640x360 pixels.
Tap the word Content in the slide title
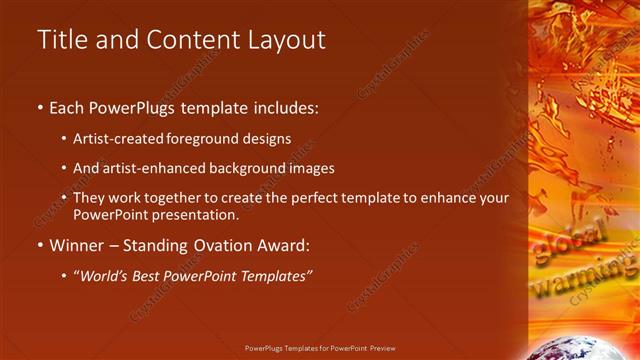click(x=183, y=40)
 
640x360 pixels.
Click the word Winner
click(x=76, y=245)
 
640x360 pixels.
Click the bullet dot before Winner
click(x=40, y=246)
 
